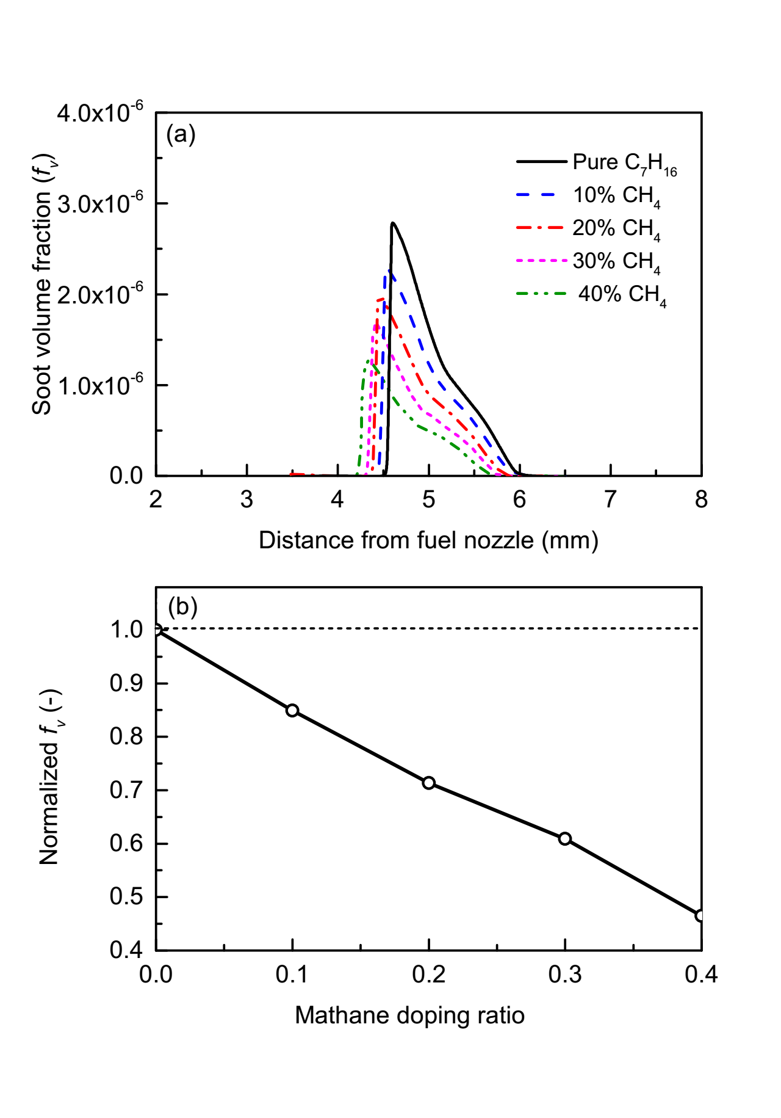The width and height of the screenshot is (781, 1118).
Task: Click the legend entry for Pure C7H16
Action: click(624, 162)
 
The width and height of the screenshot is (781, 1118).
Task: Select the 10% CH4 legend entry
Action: click(616, 195)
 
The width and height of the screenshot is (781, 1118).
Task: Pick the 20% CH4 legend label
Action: click(616, 228)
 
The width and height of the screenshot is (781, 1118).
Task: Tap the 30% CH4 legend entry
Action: click(616, 261)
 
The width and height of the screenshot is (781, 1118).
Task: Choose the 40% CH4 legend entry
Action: click(622, 294)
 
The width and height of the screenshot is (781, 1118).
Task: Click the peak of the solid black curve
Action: click(393, 223)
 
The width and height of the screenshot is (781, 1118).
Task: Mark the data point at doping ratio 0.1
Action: click(292, 710)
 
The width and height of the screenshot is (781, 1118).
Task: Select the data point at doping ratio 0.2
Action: click(429, 783)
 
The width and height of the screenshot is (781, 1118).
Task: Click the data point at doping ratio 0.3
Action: click(565, 838)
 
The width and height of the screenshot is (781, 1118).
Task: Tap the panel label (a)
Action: click(181, 134)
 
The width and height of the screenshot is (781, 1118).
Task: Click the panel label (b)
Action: click(182, 606)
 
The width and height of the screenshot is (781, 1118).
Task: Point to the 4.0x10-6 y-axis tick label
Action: click(100, 112)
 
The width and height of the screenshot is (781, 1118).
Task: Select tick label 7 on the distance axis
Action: click(610, 499)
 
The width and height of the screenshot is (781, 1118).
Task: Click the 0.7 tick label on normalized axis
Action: click(126, 790)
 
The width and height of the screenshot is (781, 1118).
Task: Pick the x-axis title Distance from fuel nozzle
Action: click(428, 540)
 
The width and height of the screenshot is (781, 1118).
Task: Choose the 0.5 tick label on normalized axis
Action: click(126, 897)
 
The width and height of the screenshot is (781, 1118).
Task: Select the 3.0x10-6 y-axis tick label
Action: click(100, 203)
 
